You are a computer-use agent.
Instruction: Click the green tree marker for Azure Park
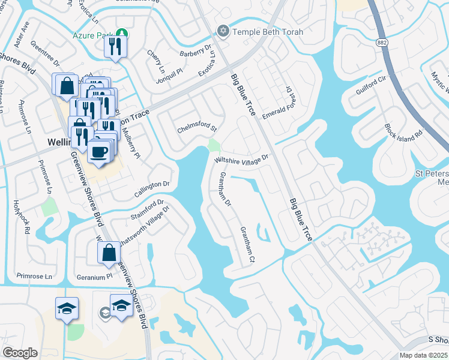coord(122,33)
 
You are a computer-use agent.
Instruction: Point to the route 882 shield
coord(382,43)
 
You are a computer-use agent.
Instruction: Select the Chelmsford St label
coord(196,128)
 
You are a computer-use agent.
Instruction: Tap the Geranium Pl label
coord(95,277)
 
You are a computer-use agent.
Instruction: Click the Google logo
coord(20,353)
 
